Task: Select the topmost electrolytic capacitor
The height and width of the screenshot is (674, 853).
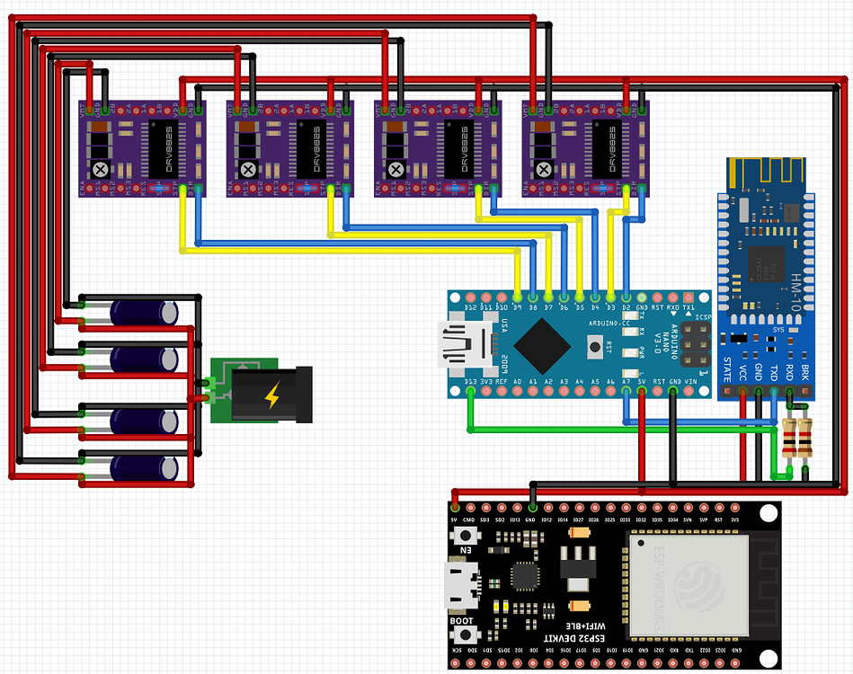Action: coord(143,313)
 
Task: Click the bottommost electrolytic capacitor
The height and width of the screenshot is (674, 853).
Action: coord(143,467)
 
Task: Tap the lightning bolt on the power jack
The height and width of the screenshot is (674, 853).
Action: coord(271,393)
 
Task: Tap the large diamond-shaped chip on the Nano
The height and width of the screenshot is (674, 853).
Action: coord(541,344)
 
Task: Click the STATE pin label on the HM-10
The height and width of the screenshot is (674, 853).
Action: coord(728,368)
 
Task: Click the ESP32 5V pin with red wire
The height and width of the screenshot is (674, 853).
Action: coord(454,509)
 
